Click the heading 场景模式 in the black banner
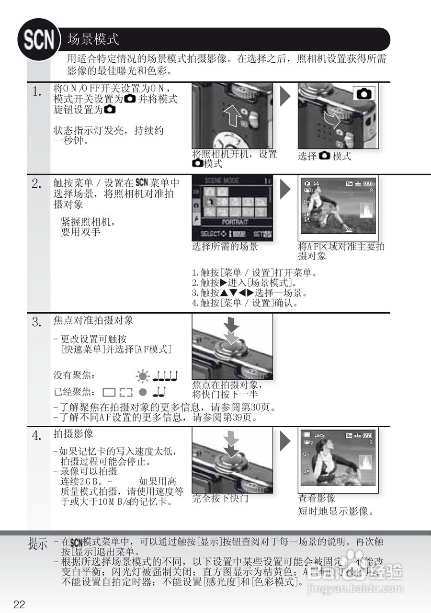[x=93, y=39]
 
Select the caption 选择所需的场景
[x=225, y=247]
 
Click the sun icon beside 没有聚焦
[x=142, y=376]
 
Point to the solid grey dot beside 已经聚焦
[x=142, y=392]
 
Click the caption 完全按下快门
[x=220, y=499]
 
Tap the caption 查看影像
[x=317, y=499]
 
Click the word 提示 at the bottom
[x=38, y=544]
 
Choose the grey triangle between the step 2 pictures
[x=285, y=189]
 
